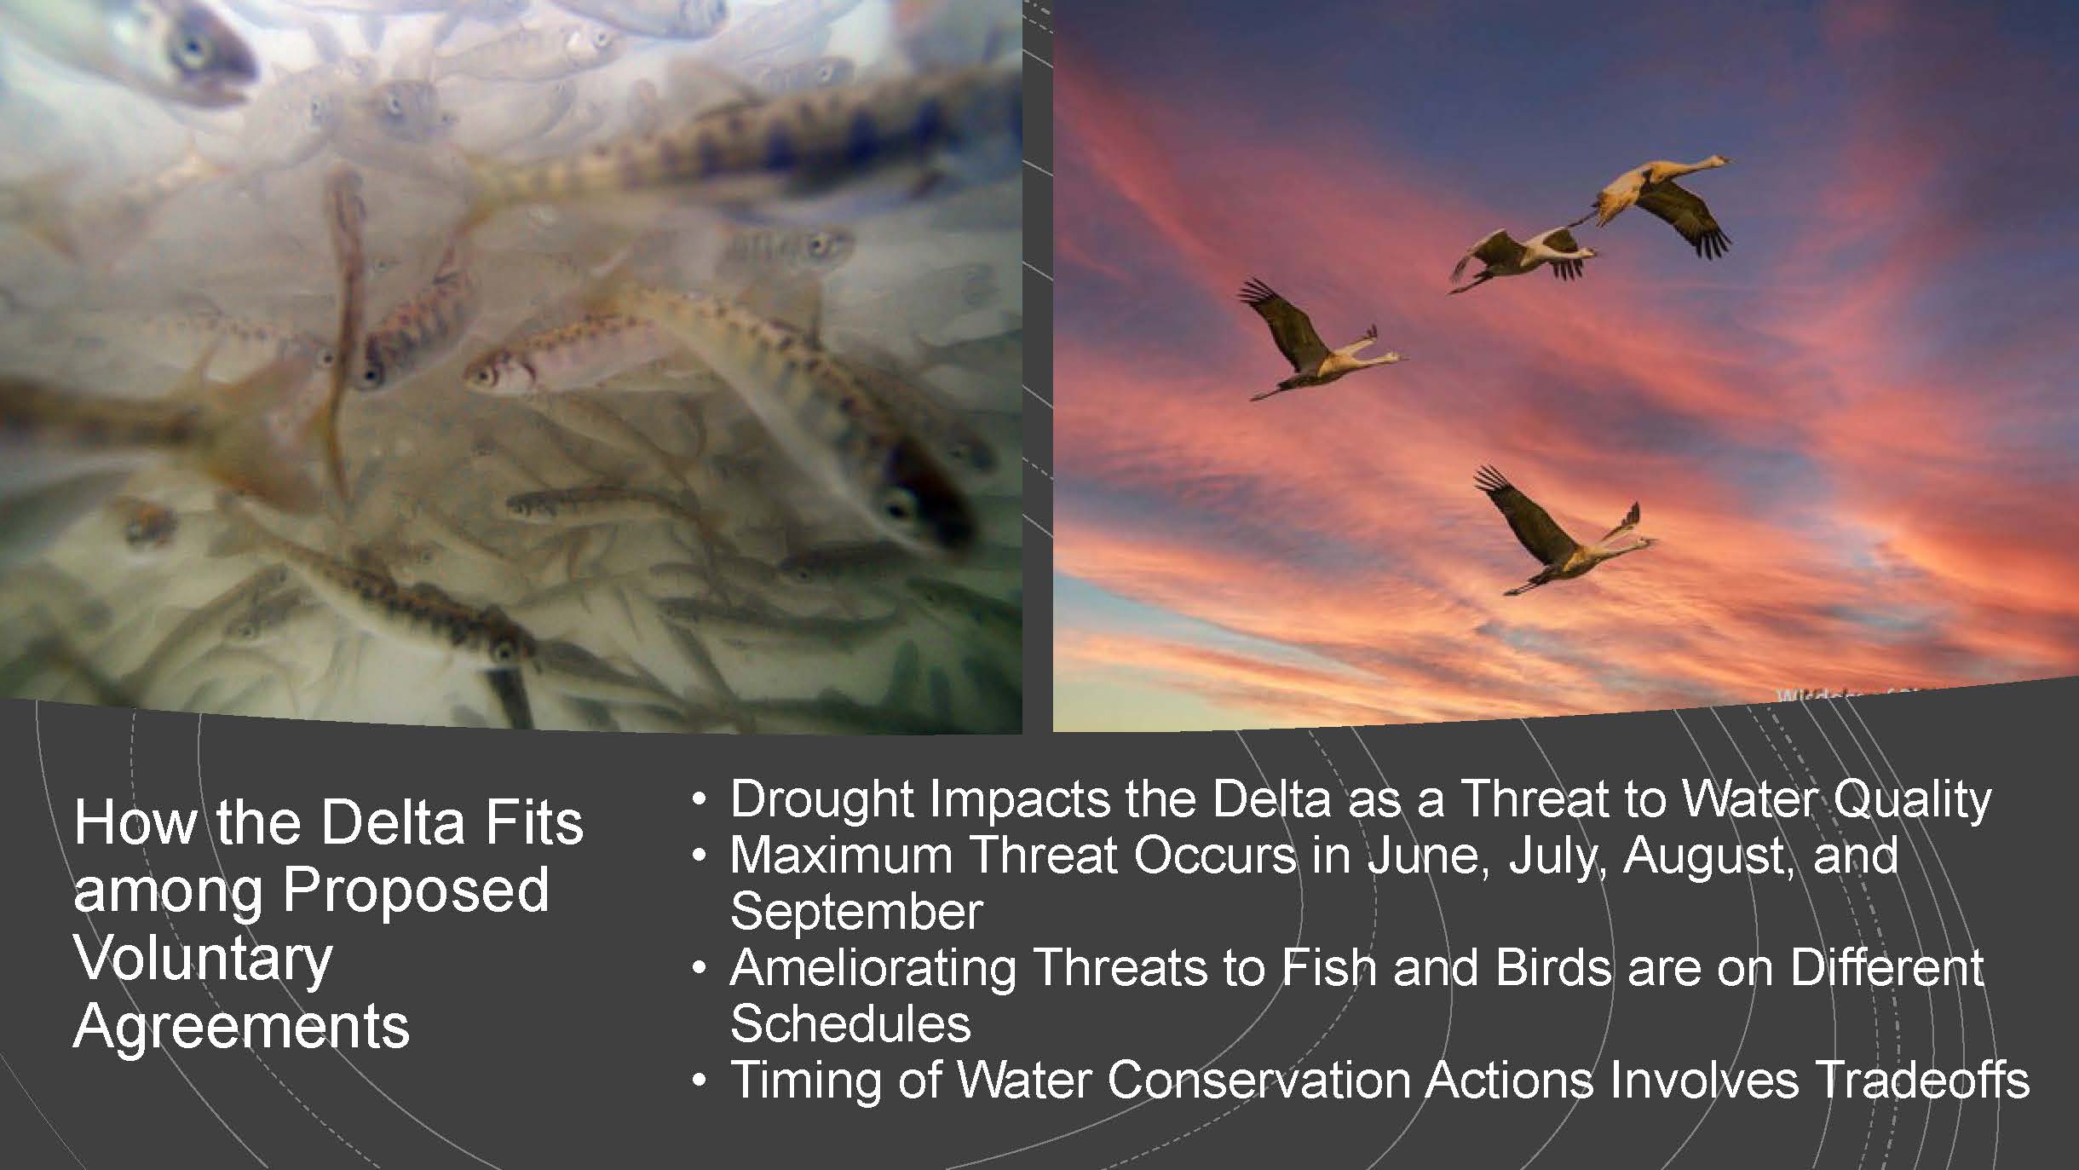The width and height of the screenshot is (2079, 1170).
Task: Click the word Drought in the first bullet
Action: pyautogui.click(x=822, y=799)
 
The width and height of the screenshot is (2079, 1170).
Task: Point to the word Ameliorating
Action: pyautogui.click(x=873, y=967)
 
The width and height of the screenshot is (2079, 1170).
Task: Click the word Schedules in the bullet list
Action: pyautogui.click(x=850, y=1023)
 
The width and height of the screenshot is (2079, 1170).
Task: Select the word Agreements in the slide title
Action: pyautogui.click(x=242, y=1026)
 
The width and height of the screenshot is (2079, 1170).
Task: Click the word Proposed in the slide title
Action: pyautogui.click(x=415, y=890)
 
